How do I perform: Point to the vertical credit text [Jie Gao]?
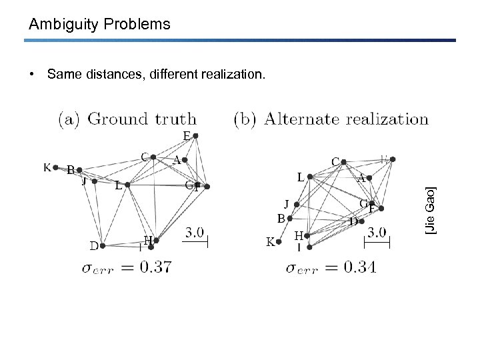point(431,211)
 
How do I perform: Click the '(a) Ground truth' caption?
point(128,120)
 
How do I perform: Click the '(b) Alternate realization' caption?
point(331,120)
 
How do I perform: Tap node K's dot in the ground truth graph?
point(56,167)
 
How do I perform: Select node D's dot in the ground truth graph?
point(103,245)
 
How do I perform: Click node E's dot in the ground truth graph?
point(195,136)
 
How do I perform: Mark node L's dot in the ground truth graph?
point(127,185)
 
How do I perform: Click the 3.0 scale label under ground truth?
point(195,233)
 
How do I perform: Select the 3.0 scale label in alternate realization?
point(377,233)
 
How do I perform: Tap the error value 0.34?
point(359,267)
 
